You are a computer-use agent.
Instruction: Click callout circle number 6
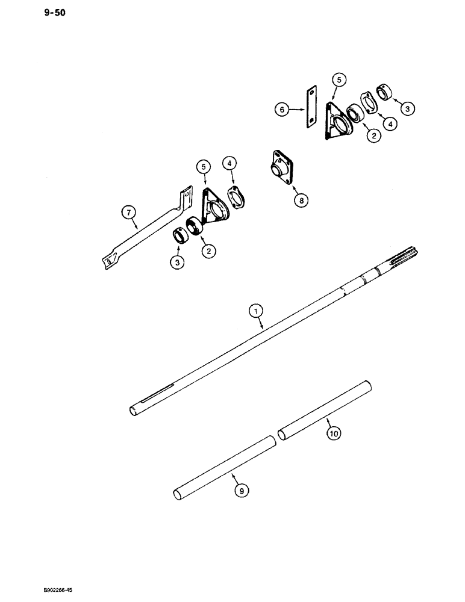tap(281, 110)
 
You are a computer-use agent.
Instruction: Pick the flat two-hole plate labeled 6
tap(311, 108)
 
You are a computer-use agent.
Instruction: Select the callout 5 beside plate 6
tap(339, 79)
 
